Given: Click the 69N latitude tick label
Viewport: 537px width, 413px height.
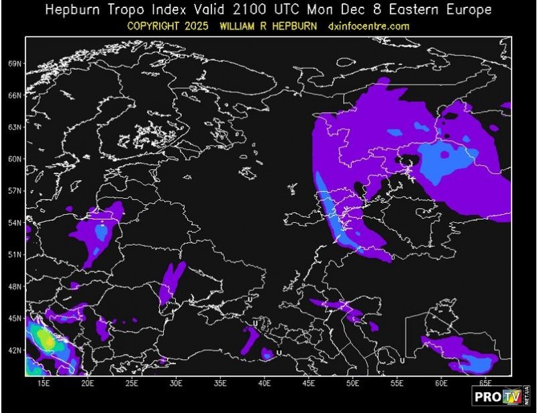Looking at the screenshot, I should (15, 64).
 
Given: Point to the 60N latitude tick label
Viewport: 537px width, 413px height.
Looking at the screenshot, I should (15, 159).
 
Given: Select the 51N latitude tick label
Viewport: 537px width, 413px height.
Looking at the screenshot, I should (15, 255).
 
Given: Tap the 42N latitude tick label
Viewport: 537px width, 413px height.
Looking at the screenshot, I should (15, 350).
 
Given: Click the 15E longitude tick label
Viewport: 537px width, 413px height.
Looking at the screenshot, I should (44, 383).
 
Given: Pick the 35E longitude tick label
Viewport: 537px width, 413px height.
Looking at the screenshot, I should (220, 383).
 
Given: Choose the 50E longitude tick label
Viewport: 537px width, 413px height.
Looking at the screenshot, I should (353, 383).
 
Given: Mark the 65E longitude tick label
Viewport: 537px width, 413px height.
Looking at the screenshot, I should (485, 383).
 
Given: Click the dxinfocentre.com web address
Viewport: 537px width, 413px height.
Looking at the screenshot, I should (369, 26).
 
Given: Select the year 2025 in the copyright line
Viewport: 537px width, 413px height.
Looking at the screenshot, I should (213, 26).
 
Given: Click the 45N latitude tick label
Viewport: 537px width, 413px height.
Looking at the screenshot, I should (15, 318).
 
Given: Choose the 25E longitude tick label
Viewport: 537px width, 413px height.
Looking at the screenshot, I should (132, 383).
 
